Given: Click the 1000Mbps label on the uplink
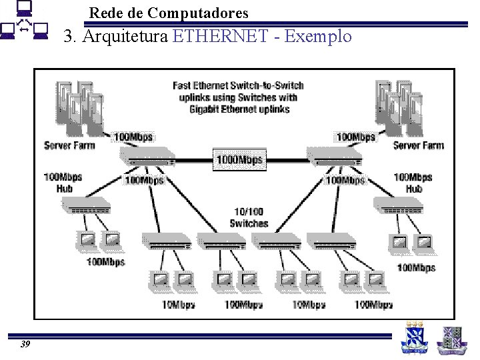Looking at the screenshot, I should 239,160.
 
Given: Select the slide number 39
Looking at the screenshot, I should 25,344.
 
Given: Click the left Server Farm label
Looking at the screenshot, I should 69,145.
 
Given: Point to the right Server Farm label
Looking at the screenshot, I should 418,145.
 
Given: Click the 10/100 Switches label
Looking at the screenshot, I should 249,218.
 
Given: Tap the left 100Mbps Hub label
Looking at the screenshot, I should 63,183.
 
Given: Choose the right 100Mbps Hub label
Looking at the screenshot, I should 413,183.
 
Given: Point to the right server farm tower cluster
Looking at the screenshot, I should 399,107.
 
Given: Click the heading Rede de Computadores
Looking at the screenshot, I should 168,13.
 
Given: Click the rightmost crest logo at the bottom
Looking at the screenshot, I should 451,339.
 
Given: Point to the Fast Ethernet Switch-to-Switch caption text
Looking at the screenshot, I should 238,97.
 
